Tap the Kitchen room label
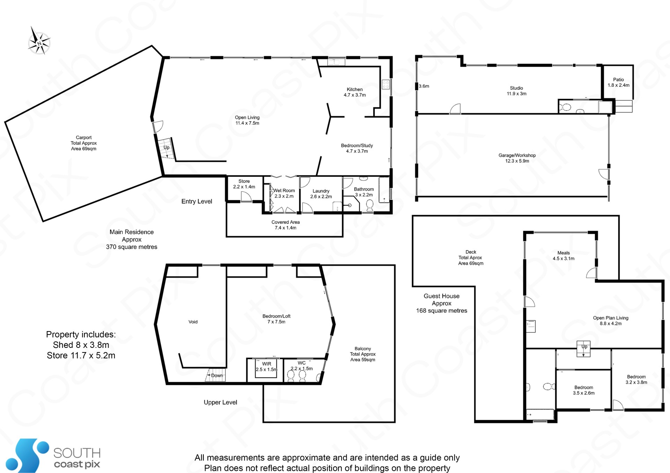pyautogui.click(x=355, y=92)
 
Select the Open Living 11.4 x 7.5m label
pyautogui.click(x=247, y=120)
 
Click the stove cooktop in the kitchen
pyautogui.click(x=386, y=84)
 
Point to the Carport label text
pyautogui.click(x=84, y=143)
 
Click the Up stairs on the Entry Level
pyautogui.click(x=166, y=148)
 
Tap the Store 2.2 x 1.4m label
pyautogui.click(x=244, y=184)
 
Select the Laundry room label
pyautogui.click(x=321, y=194)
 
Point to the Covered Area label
pyautogui.click(x=285, y=225)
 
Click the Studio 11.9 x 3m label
pyautogui.click(x=516, y=91)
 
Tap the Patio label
pyautogui.click(x=618, y=82)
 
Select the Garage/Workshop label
pyautogui.click(x=517, y=158)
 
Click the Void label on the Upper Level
pyautogui.click(x=193, y=322)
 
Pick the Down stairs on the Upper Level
pyautogui.click(x=215, y=375)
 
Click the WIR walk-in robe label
pyautogui.click(x=267, y=367)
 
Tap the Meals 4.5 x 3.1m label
pyautogui.click(x=563, y=255)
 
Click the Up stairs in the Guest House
pyautogui.click(x=583, y=349)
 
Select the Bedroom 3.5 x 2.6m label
pyautogui.click(x=583, y=390)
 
